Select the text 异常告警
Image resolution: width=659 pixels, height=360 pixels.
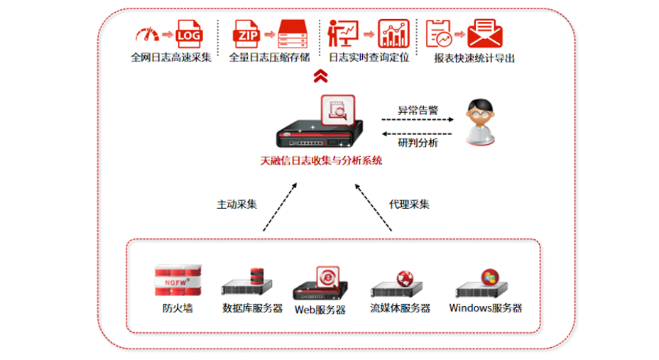418,110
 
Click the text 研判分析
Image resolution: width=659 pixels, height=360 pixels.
418,143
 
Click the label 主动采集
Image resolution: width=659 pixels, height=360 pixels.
237,204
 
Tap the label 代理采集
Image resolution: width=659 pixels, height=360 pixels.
409,204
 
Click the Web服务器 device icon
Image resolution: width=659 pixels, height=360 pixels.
320,283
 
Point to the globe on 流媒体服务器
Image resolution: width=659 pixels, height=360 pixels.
405,277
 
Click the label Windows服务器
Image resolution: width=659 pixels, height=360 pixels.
486,308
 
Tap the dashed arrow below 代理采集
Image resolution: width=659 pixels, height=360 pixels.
374,209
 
